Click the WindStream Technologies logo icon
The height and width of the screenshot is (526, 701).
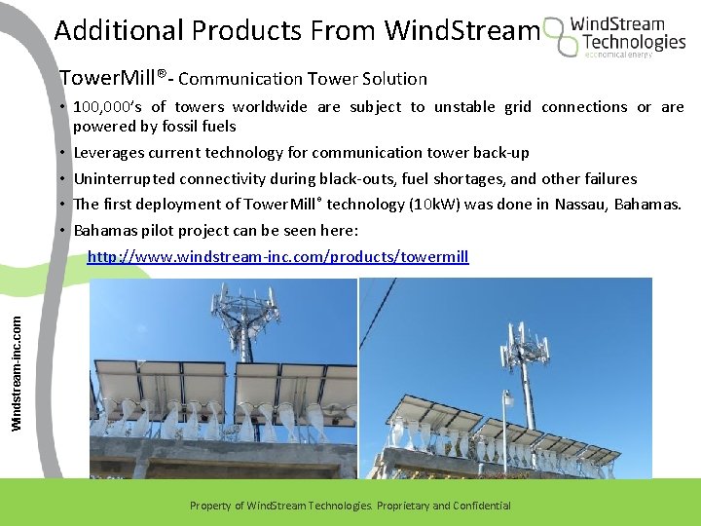click(x=562, y=36)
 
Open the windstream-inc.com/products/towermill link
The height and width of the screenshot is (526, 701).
click(x=277, y=257)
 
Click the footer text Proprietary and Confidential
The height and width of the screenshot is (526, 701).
click(x=442, y=506)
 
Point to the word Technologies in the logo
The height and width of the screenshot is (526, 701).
click(x=633, y=42)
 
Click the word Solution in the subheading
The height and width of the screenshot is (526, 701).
click(x=395, y=78)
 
